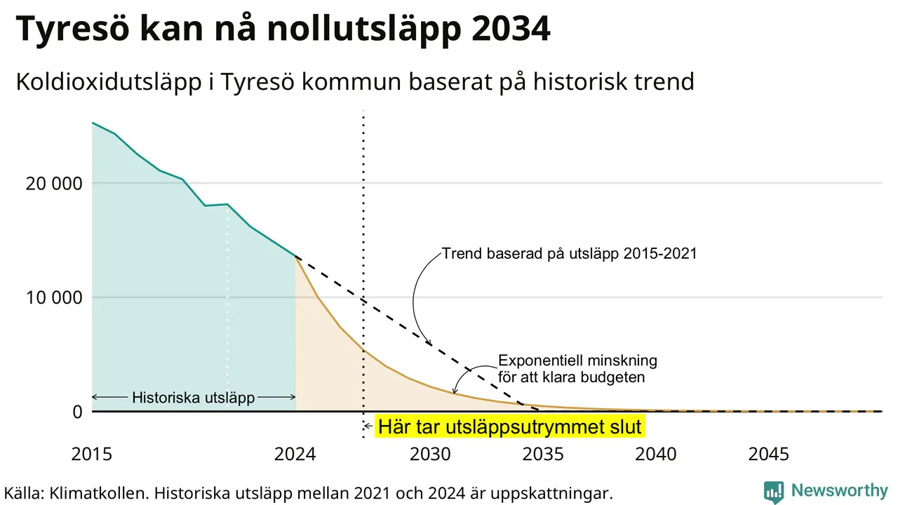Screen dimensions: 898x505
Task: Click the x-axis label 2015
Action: [92, 454]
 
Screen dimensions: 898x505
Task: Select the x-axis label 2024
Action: [295, 454]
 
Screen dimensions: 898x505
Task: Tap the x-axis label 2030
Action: [431, 454]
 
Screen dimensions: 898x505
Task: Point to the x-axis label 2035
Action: [543, 454]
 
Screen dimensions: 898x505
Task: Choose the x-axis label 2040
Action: [656, 454]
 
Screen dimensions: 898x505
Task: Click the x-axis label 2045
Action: [768, 454]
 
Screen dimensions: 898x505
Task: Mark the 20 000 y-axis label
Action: [54, 184]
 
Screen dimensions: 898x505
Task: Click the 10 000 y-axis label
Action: [54, 298]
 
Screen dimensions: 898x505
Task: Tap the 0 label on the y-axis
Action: [77, 412]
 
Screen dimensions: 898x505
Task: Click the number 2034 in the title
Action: [511, 29]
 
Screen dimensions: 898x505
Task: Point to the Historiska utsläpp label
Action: [193, 398]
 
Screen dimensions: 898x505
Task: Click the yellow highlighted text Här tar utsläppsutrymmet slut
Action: [510, 426]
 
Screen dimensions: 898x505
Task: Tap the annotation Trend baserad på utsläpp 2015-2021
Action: [569, 253]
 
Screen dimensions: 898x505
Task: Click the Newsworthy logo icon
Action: [774, 492]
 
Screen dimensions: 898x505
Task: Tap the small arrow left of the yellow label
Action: [368, 426]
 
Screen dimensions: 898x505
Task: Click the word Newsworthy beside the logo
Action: [840, 490]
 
